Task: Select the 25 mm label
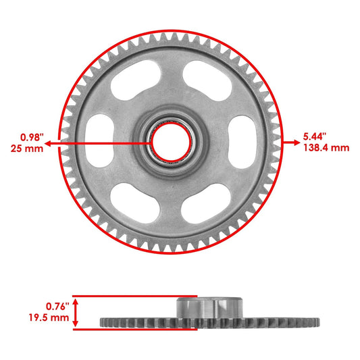(30, 148)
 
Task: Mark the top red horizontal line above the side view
(135, 296)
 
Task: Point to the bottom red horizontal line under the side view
(135, 330)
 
